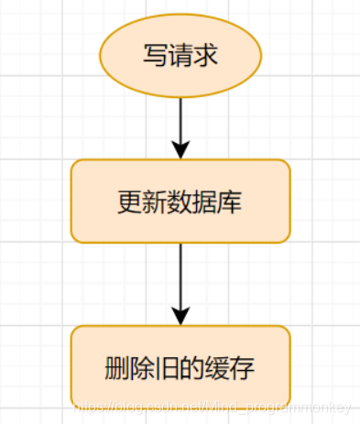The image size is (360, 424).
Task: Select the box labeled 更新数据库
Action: pyautogui.click(x=180, y=201)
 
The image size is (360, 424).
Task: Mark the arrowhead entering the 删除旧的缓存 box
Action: pyautogui.click(x=180, y=315)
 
